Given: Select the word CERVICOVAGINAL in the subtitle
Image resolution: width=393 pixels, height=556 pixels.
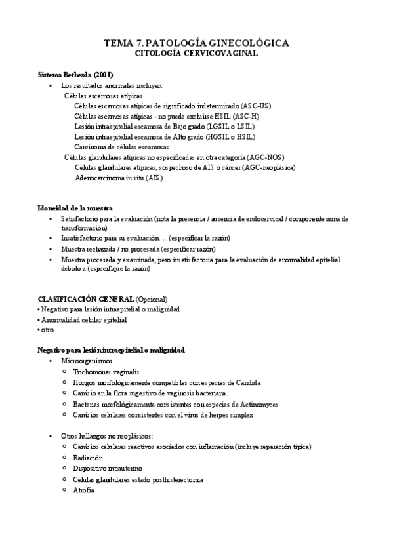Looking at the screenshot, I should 221,54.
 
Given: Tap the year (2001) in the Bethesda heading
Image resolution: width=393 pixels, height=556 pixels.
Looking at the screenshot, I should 104,75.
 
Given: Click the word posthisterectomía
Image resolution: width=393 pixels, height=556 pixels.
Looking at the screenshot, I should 173,479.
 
